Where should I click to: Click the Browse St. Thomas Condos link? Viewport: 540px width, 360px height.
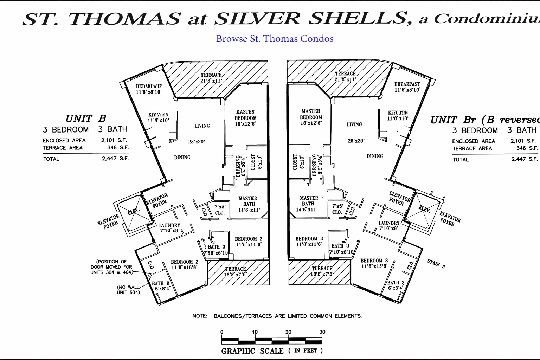275,39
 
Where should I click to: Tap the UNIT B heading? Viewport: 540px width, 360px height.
86,118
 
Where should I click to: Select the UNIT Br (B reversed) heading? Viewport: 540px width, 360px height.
485,120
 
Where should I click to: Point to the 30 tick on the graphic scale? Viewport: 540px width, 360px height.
322,332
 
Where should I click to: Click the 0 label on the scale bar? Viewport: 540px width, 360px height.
222,332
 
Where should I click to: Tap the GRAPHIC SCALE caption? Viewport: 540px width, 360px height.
252,351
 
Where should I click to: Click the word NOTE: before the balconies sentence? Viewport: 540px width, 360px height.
200,316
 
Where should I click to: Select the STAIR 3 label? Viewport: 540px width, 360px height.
436,263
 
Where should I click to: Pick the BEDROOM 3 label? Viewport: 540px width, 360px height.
309,239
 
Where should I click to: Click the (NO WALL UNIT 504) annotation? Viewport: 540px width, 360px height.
128,290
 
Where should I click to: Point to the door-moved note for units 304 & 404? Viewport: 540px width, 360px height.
111,267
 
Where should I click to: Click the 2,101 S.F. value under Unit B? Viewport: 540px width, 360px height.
114,140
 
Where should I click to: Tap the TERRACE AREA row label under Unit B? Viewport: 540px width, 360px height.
63,148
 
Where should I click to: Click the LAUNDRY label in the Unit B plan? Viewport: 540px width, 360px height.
169,225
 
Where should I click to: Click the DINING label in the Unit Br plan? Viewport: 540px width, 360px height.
375,156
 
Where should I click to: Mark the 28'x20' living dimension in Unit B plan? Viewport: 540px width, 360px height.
197,142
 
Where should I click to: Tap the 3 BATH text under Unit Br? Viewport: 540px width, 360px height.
522,130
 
